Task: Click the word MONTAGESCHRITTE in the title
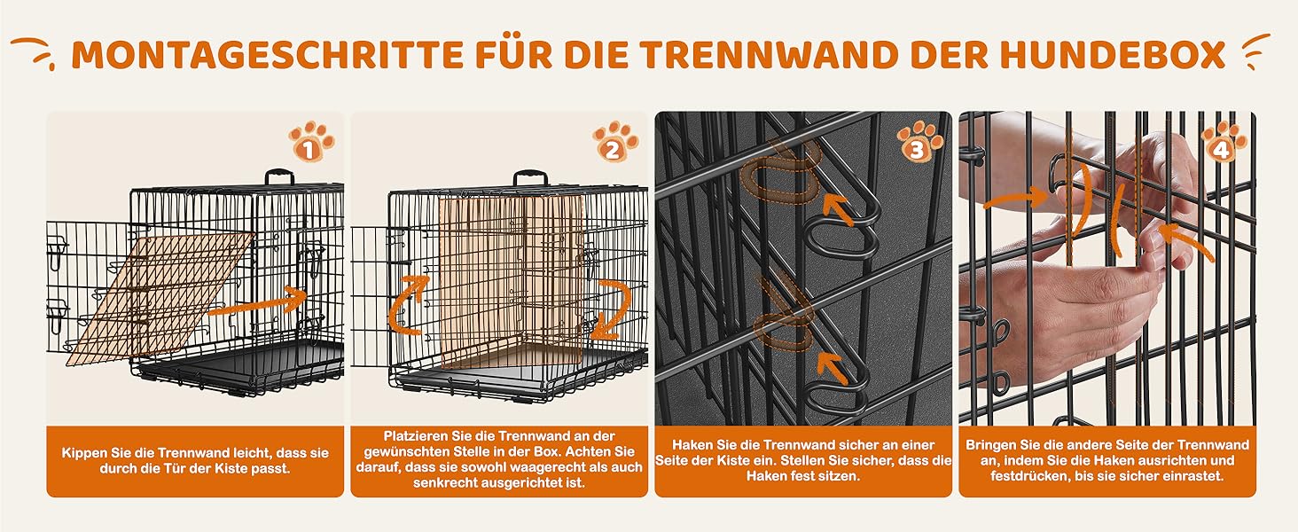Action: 267,54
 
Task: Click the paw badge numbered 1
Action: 311,141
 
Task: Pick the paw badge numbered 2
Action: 615,141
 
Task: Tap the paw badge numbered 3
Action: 919,141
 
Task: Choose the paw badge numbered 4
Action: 1224,141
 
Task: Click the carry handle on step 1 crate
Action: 279,176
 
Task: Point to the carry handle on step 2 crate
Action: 530,176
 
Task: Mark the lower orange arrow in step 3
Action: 833,367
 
